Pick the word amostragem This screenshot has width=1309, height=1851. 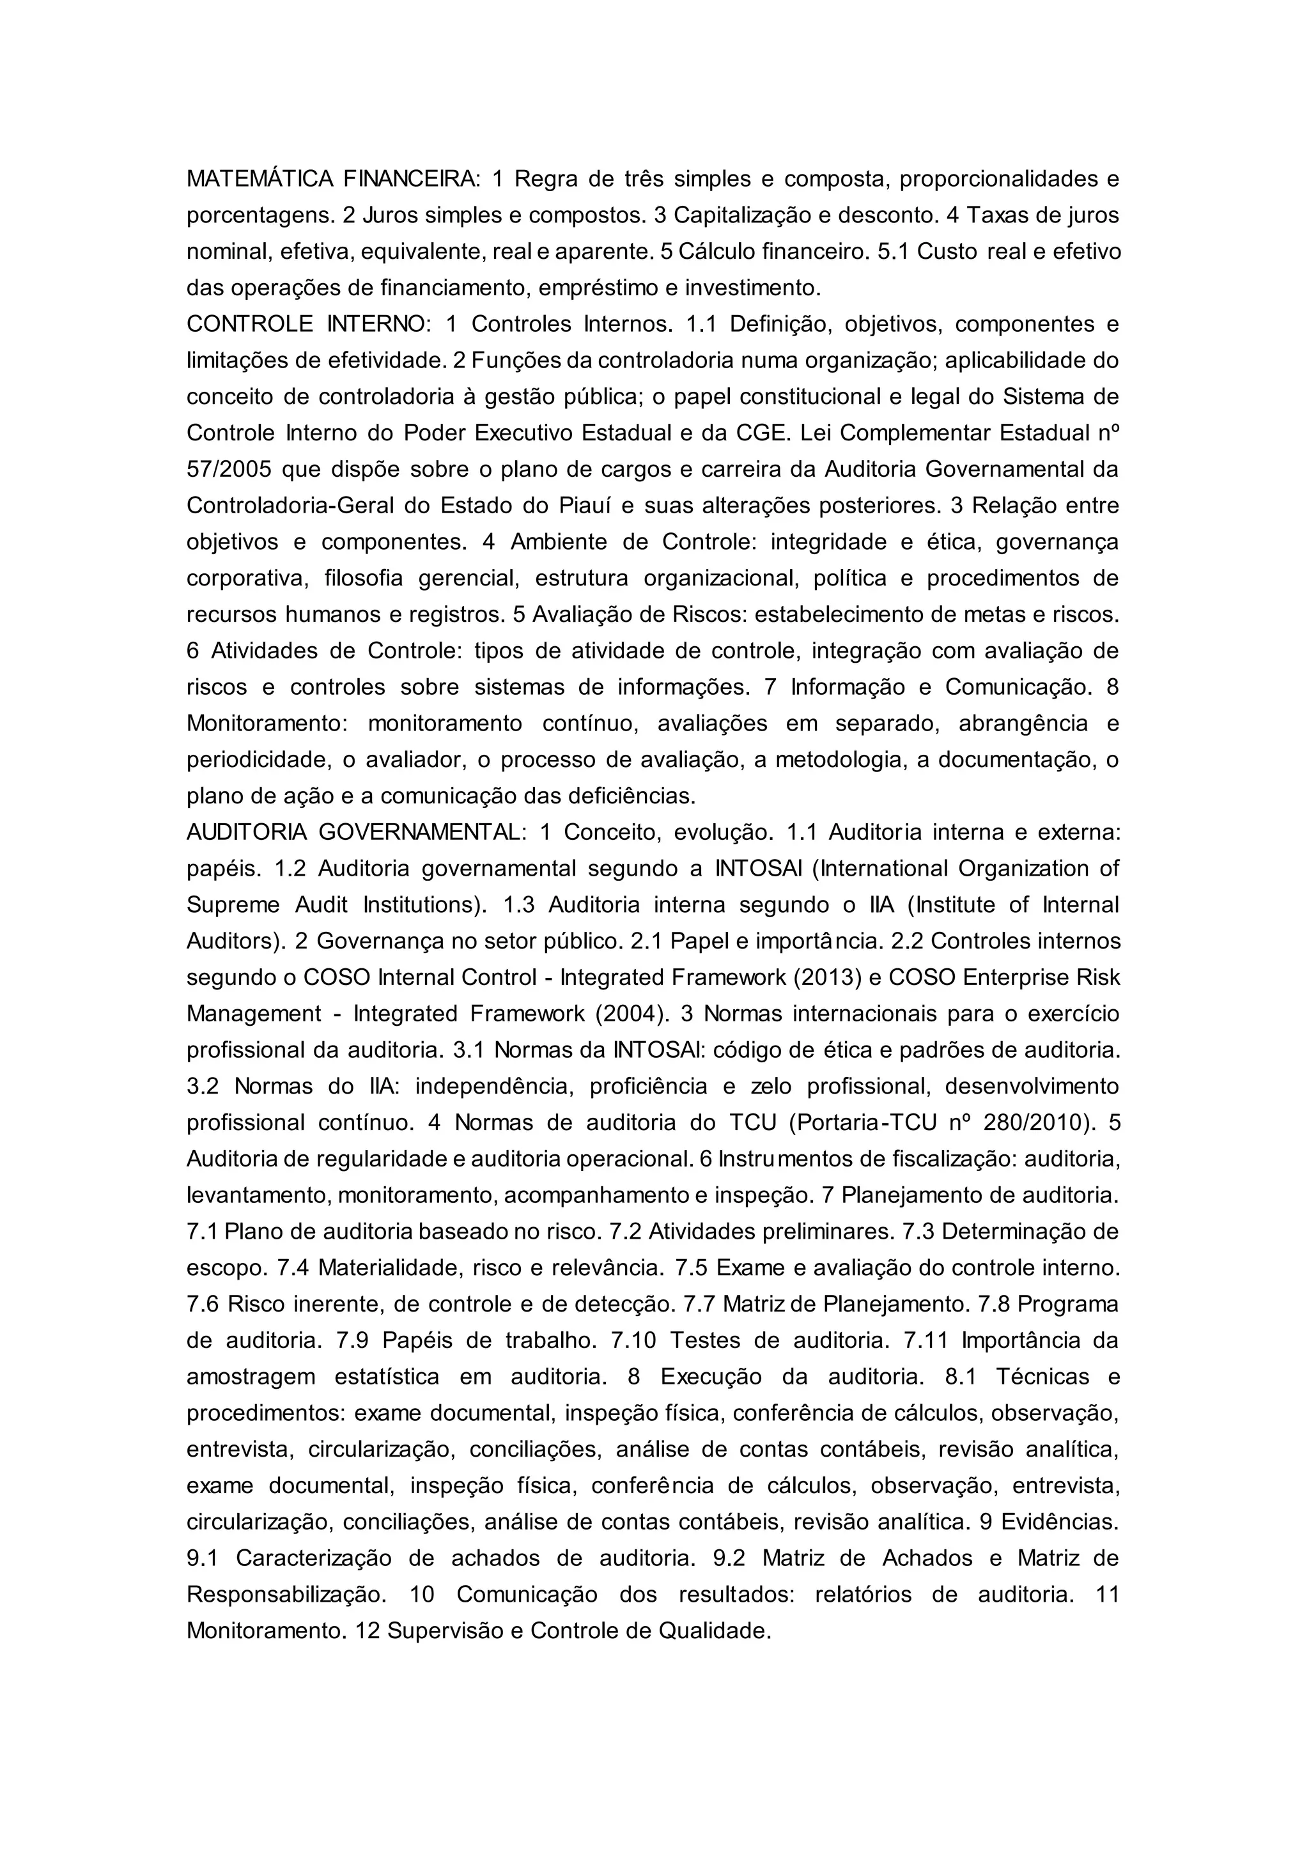tap(251, 1376)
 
